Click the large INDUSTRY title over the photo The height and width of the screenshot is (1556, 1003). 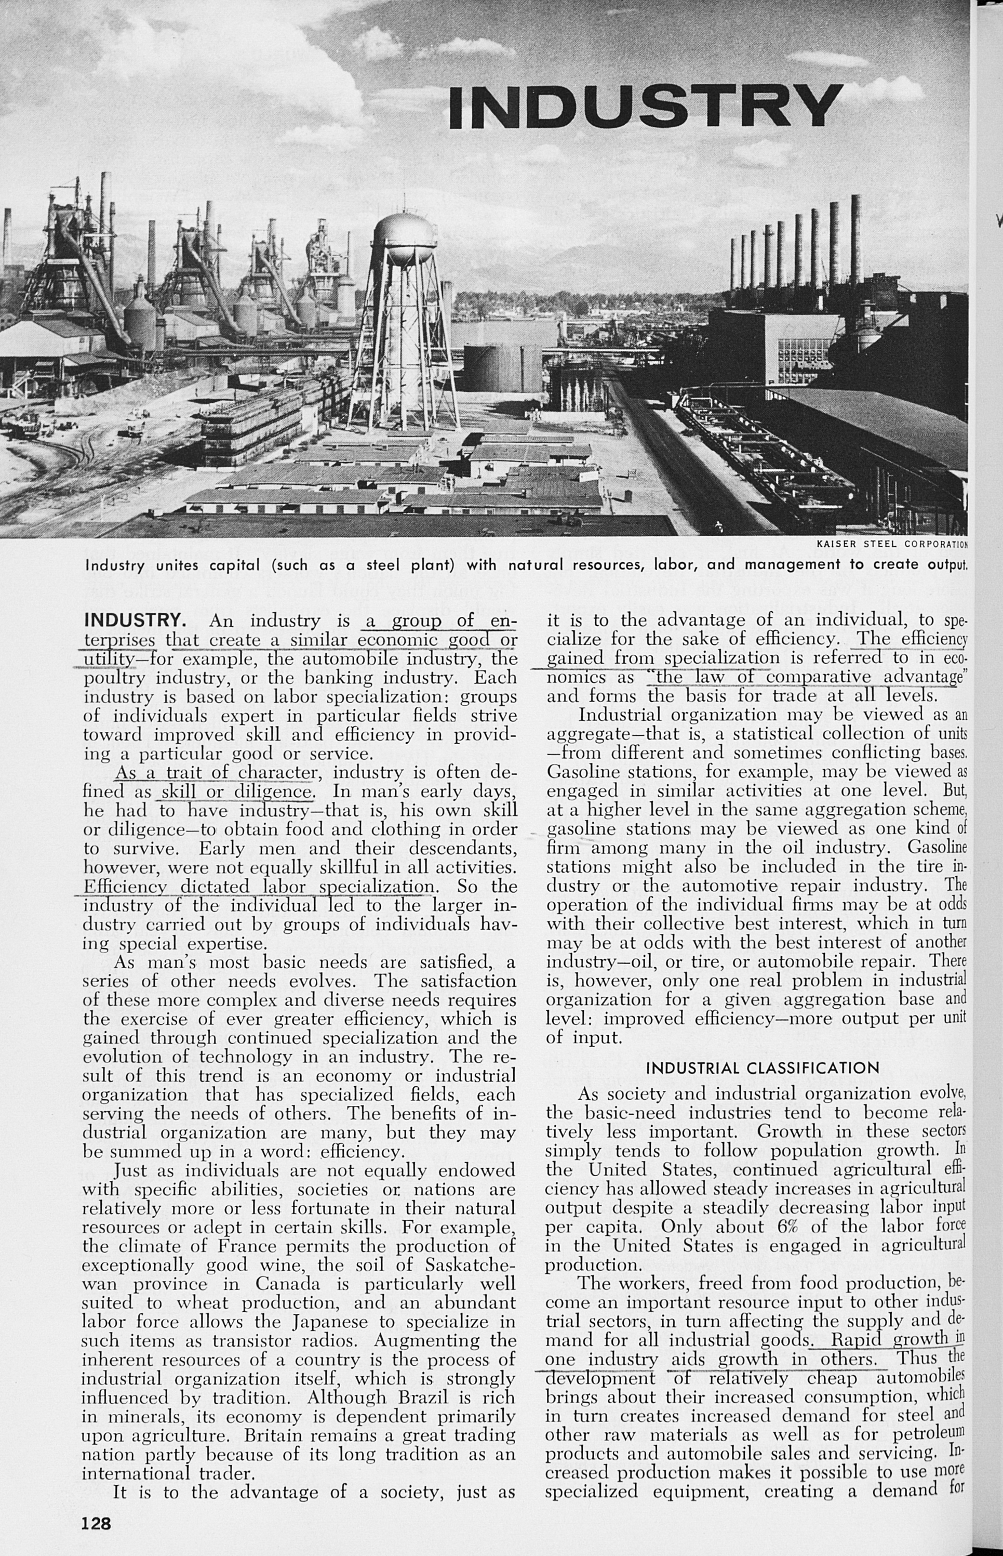[x=645, y=106]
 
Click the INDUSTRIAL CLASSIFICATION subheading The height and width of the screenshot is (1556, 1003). [x=763, y=1067]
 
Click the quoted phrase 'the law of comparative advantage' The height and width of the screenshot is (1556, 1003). [x=806, y=677]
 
